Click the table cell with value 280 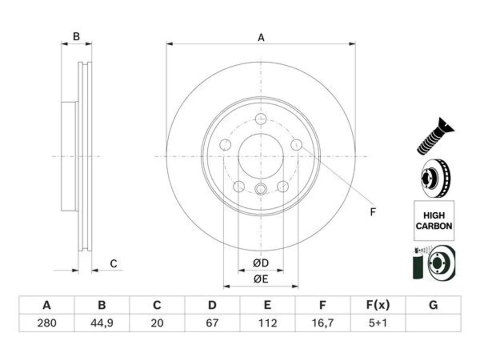click(x=46, y=323)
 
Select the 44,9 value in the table click(x=102, y=323)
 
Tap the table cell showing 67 click(x=212, y=323)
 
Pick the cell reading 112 click(x=267, y=323)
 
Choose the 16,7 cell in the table click(x=323, y=323)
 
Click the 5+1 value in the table click(x=378, y=323)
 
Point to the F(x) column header click(x=378, y=305)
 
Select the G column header click(x=433, y=305)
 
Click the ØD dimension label click(x=261, y=263)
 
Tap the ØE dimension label click(x=261, y=279)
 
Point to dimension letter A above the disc click(x=261, y=37)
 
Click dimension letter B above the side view click(x=76, y=36)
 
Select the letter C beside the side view click(x=114, y=264)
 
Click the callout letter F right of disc click(x=373, y=212)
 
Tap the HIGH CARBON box click(x=434, y=220)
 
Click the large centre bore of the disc click(x=261, y=156)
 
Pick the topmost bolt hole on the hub click(x=261, y=119)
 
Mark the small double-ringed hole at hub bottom click(x=261, y=189)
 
